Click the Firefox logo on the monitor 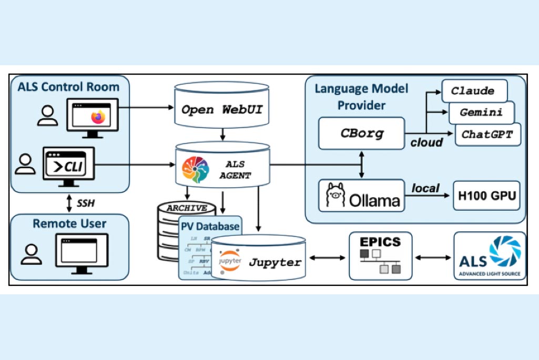point(98,117)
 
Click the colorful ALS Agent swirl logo point(195,170)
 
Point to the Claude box point(473,91)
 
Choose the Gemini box point(481,112)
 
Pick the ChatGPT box point(487,134)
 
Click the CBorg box point(361,132)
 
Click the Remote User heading point(69,223)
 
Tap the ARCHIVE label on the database point(187,208)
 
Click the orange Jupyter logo point(229,261)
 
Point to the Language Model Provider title point(361,97)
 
